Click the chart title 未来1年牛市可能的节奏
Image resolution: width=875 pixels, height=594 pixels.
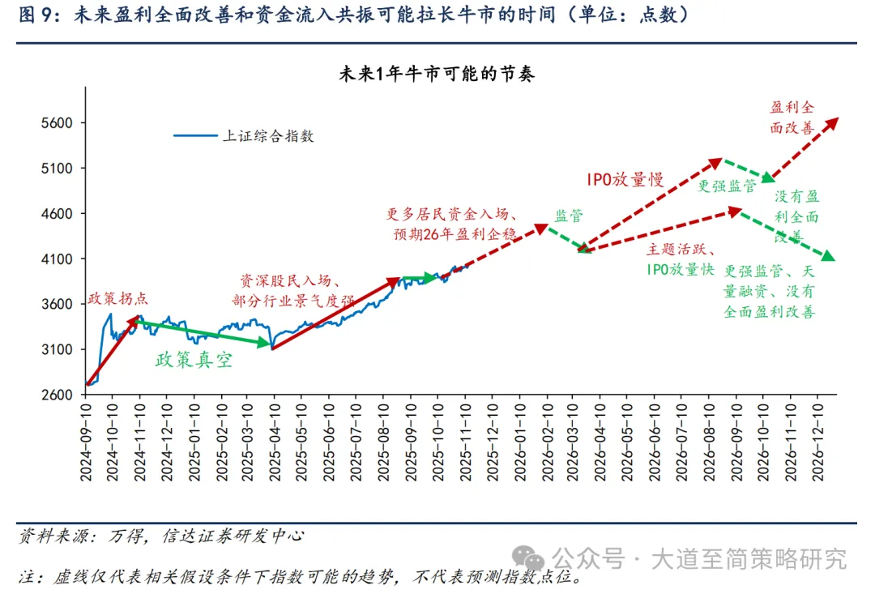(x=437, y=74)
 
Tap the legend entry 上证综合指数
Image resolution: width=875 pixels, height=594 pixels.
(x=267, y=136)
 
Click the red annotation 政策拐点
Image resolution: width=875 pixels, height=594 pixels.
(x=118, y=297)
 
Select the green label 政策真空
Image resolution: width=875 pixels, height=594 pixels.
(x=194, y=360)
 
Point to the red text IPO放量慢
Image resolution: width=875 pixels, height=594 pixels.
(x=625, y=179)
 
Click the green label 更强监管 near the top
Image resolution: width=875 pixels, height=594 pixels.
(x=727, y=186)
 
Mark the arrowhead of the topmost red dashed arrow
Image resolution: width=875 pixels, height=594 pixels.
(x=834, y=121)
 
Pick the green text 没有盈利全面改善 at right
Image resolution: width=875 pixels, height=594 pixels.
(x=797, y=216)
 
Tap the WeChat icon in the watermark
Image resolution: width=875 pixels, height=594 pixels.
(x=532, y=558)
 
